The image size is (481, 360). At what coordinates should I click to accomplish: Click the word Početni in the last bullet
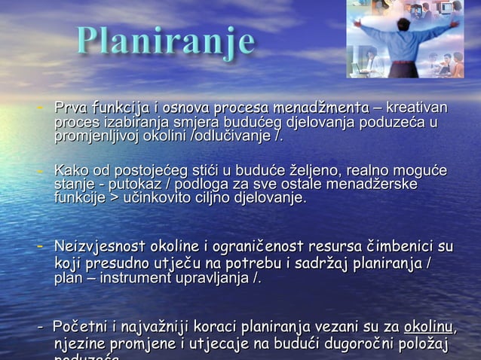point(80,328)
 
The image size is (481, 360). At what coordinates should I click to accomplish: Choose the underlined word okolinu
point(429,328)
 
